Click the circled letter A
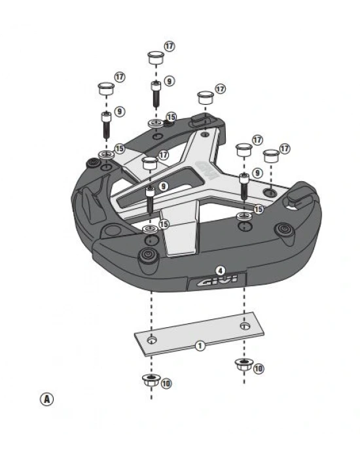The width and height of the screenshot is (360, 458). click(x=46, y=398)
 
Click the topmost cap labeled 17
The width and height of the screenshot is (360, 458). click(x=155, y=57)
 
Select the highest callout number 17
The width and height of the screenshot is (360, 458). click(x=170, y=47)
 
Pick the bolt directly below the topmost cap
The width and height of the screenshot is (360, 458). click(x=156, y=94)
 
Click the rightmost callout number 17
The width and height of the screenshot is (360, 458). click(x=285, y=149)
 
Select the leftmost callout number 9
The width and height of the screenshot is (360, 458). click(x=120, y=112)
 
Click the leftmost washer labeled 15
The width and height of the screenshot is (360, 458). click(x=105, y=154)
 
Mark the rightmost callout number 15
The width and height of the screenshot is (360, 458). click(x=259, y=209)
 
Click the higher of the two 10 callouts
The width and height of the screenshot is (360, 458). click(x=259, y=369)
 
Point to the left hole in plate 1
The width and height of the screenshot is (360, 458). click(x=152, y=340)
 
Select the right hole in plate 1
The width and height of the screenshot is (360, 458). click(x=245, y=325)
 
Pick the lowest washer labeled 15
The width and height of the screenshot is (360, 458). click(x=149, y=229)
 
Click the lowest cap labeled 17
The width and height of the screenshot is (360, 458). click(x=149, y=162)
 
